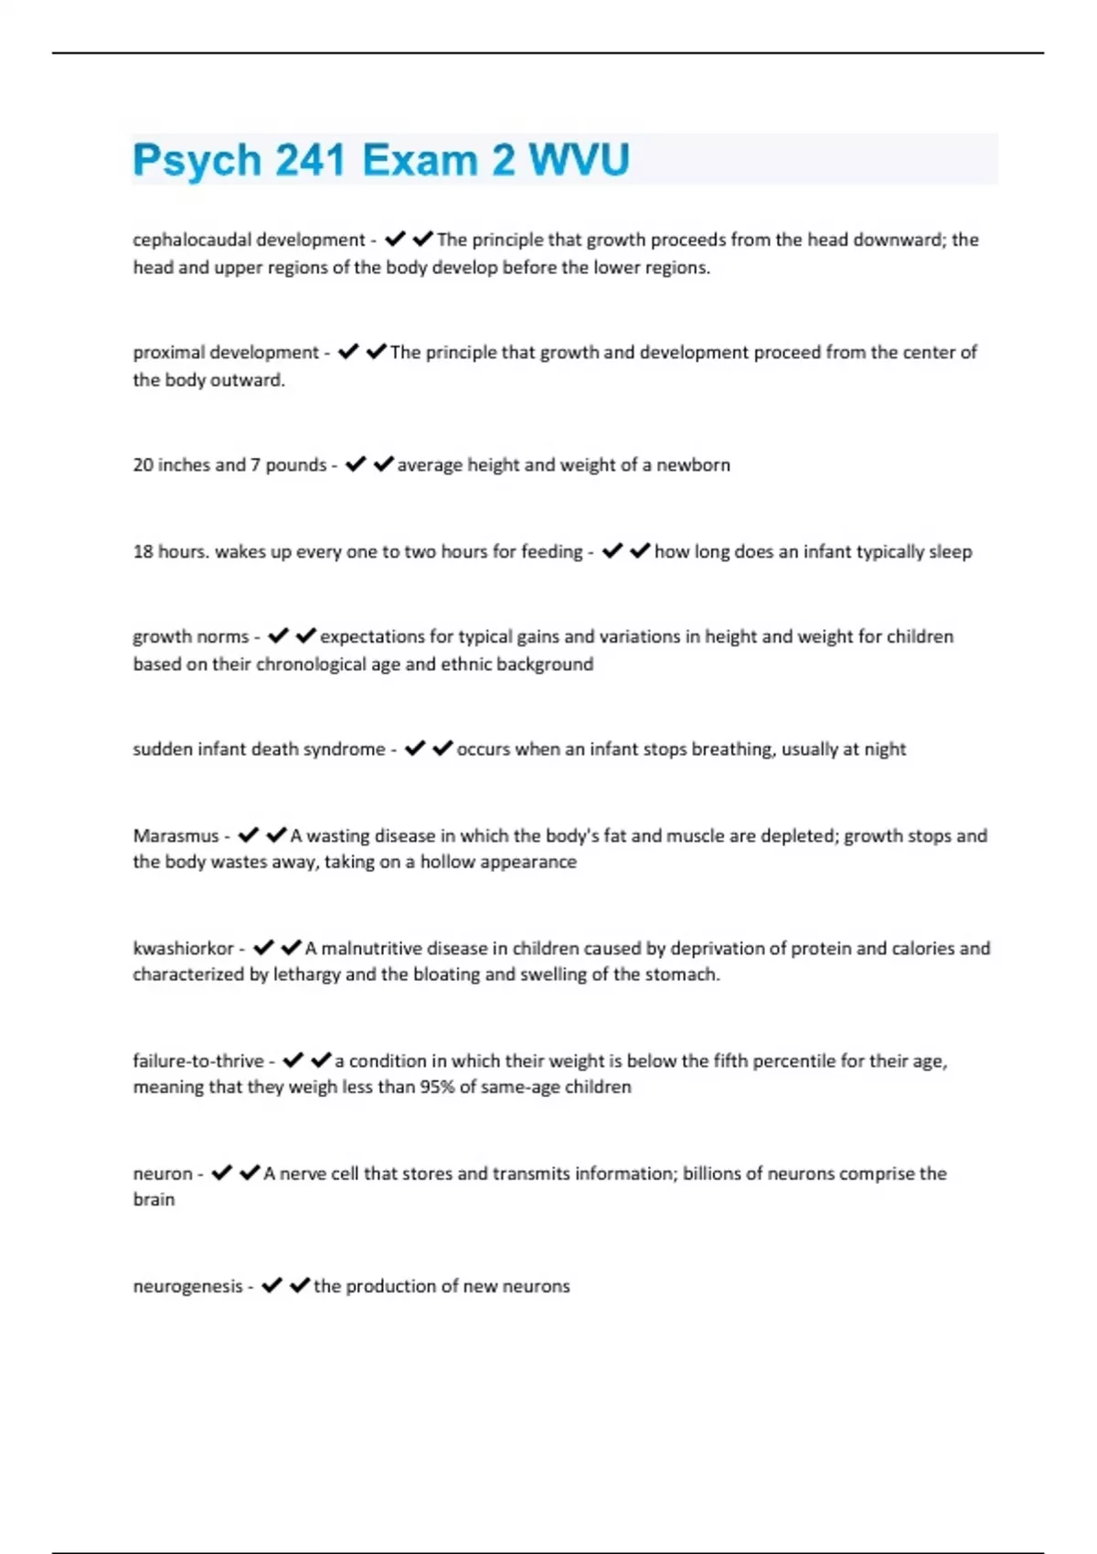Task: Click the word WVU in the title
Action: click(579, 160)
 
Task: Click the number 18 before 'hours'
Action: click(143, 551)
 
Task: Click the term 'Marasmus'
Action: click(176, 836)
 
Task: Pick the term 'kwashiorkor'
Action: click(183, 948)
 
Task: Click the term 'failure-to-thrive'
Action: click(197, 1060)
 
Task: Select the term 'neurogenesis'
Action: click(187, 1286)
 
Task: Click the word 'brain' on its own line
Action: click(154, 1199)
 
